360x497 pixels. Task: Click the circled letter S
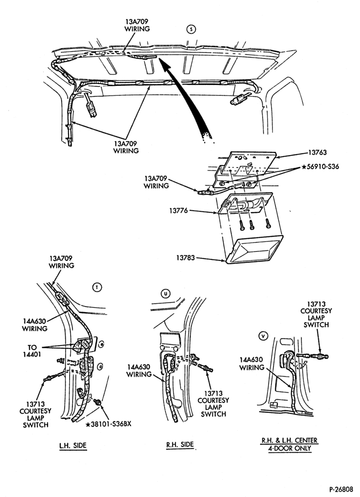(x=191, y=29)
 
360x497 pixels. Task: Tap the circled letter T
(x=97, y=287)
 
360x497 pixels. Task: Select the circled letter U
(x=165, y=294)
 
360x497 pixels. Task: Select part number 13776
(x=179, y=210)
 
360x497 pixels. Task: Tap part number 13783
(x=186, y=258)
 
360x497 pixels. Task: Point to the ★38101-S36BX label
(x=108, y=424)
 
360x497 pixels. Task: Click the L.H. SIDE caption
(x=73, y=445)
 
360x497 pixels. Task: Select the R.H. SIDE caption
(x=180, y=445)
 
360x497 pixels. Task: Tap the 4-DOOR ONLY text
(x=289, y=448)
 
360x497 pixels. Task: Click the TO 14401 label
(x=32, y=351)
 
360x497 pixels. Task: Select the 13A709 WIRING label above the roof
(x=137, y=25)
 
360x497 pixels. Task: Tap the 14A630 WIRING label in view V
(x=252, y=364)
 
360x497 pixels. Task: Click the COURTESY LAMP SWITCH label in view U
(x=213, y=408)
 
